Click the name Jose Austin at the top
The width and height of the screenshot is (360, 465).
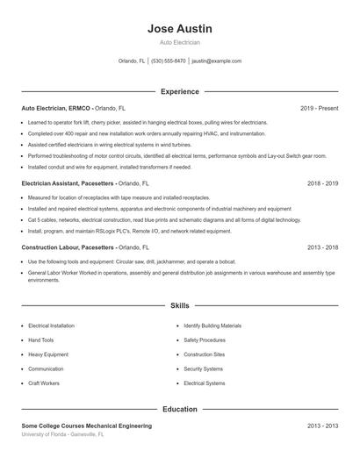(179, 28)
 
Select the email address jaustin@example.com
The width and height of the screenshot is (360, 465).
(216, 61)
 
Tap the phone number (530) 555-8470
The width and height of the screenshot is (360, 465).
(169, 61)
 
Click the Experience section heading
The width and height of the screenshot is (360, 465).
(179, 91)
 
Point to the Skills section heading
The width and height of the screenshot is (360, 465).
(179, 306)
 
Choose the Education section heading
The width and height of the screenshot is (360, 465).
(179, 409)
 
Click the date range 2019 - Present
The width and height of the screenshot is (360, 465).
(319, 108)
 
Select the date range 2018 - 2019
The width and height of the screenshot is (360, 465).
(323, 184)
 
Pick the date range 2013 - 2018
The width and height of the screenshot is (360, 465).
(323, 247)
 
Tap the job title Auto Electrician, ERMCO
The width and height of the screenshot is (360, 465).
(55, 108)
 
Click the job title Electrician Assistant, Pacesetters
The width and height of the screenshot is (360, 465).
(68, 184)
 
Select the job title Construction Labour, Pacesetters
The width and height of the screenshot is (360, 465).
(68, 247)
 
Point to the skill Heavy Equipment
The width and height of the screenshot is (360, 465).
(48, 354)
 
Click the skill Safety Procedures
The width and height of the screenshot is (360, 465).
(205, 340)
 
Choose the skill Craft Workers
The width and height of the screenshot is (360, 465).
(44, 383)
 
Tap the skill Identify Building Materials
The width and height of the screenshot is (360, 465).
(212, 325)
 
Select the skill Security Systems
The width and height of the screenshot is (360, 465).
(204, 369)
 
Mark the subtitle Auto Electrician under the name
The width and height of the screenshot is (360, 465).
(179, 42)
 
